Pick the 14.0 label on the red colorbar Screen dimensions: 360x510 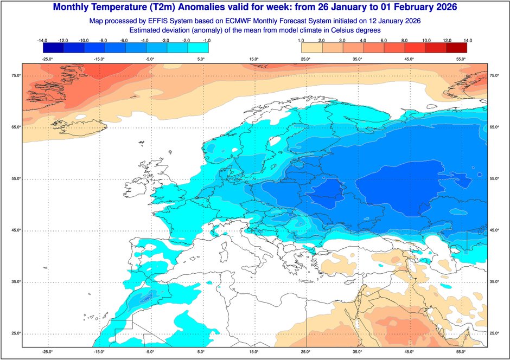tap(468, 40)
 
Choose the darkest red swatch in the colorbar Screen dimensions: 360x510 tap(457, 48)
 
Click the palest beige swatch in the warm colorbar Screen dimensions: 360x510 tap(309, 48)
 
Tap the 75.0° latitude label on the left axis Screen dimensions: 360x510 tap(16, 76)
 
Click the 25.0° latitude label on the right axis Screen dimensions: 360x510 tap(494, 333)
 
